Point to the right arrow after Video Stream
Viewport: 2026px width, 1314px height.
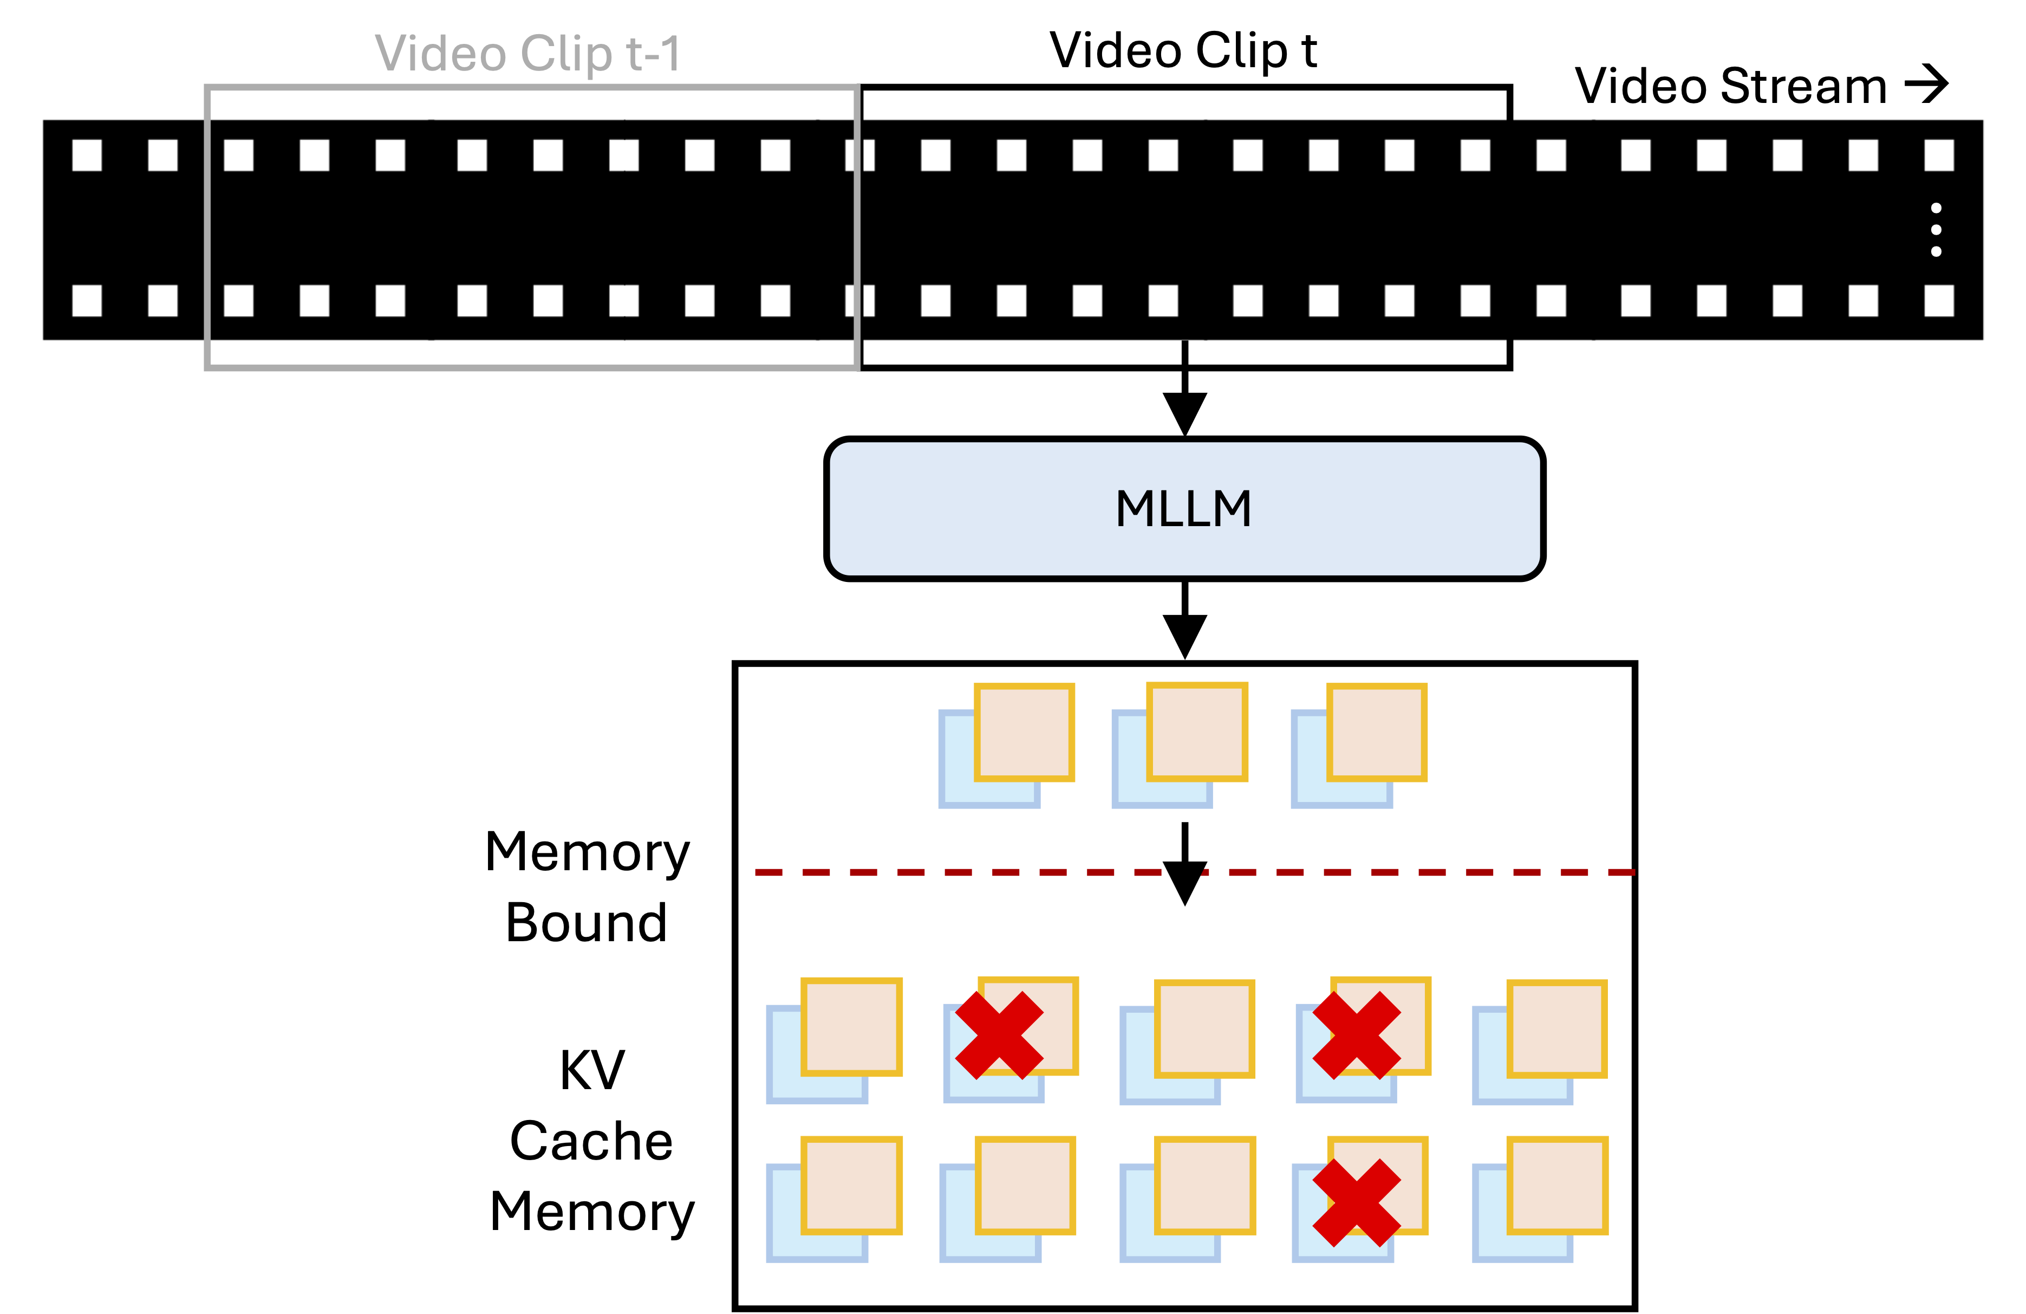pyautogui.click(x=1926, y=85)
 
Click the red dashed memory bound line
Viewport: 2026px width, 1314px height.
pyautogui.click(x=936, y=872)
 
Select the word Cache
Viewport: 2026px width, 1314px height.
pyautogui.click(x=591, y=1141)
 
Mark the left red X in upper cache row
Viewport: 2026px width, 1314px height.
pyautogui.click(x=999, y=1035)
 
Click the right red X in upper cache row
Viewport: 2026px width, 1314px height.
pyautogui.click(x=1357, y=1035)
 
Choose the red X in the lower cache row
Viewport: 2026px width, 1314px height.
pyautogui.click(x=1357, y=1202)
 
